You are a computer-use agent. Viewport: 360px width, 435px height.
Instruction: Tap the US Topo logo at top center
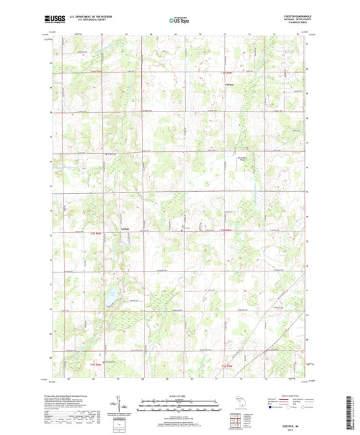coord(176,20)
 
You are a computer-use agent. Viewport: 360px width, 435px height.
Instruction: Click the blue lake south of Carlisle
coord(109,298)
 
